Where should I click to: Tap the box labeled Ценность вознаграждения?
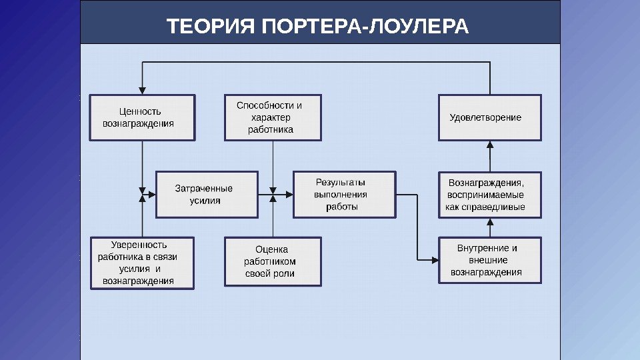pos(143,117)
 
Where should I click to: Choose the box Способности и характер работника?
pos(273,117)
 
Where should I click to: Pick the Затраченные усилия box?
pos(207,195)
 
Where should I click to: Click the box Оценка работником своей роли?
pos(273,262)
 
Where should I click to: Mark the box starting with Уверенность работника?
pos(143,263)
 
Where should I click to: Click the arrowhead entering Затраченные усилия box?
pos(153,195)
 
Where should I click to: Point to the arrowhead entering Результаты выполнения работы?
pos(290,195)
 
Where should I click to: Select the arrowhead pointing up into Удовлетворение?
pos(490,144)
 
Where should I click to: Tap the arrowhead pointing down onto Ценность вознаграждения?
pos(142,91)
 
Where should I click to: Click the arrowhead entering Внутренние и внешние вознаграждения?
pos(435,259)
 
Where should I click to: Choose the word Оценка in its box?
pos(270,249)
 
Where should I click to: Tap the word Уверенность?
pos(139,245)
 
